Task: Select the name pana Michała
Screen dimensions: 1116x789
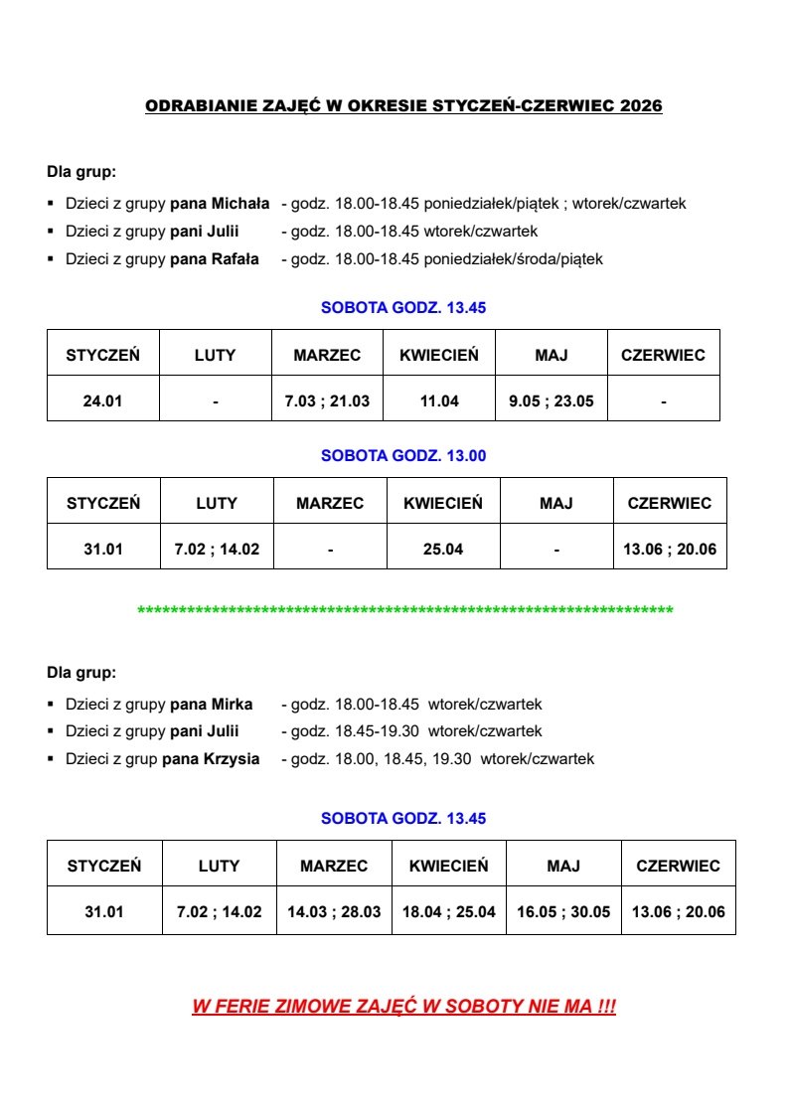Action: (x=220, y=204)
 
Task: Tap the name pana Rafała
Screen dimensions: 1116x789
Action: (x=215, y=259)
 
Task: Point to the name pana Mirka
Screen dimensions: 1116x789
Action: (x=212, y=705)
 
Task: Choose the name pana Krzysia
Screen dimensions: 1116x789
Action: (x=211, y=759)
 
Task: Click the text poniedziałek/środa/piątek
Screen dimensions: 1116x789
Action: (x=513, y=259)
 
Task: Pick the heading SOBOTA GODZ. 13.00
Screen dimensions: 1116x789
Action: (x=403, y=456)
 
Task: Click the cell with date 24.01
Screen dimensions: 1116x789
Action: (x=103, y=401)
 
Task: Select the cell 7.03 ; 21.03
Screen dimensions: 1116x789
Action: (x=327, y=401)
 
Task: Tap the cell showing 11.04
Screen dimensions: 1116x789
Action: (x=439, y=401)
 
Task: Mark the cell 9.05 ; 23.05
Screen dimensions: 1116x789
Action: (x=552, y=401)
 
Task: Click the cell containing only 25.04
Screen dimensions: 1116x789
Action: (x=443, y=549)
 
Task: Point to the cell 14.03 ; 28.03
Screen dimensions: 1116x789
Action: (x=334, y=912)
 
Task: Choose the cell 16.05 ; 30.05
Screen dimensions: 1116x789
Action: (x=563, y=912)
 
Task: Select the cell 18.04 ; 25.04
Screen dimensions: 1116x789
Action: (x=449, y=912)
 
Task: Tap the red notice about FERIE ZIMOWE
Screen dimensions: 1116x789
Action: (x=403, y=1007)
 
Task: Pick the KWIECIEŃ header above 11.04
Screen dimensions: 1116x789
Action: (x=439, y=355)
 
